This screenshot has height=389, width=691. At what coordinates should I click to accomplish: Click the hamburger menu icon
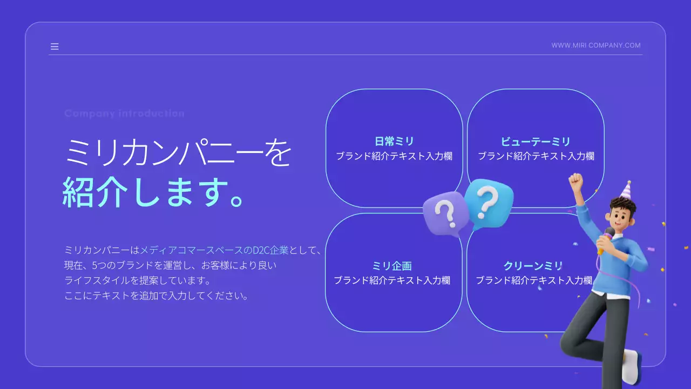tap(55, 46)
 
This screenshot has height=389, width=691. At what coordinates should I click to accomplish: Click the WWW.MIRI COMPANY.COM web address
tap(596, 45)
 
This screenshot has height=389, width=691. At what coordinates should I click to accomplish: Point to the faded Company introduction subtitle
tap(124, 113)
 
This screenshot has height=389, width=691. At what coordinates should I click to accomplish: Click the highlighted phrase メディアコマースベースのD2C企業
tap(214, 250)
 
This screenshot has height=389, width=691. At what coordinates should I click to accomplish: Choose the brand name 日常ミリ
tap(394, 142)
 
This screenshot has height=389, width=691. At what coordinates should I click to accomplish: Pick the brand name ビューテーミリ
tap(536, 142)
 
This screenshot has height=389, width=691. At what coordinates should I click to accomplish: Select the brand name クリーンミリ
tap(533, 266)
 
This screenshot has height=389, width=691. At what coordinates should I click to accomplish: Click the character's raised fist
tap(576, 181)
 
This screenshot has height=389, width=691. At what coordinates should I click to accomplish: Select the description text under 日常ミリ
tap(394, 156)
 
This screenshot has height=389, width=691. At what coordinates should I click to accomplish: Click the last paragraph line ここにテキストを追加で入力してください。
tap(157, 296)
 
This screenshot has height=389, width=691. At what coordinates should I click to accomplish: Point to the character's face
tap(620, 214)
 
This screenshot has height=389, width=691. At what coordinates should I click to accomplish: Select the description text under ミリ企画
tap(392, 280)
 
